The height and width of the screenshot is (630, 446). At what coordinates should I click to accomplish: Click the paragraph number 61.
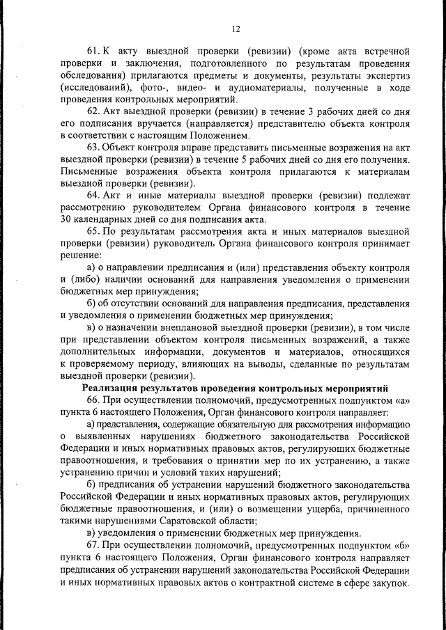click(x=93, y=52)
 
